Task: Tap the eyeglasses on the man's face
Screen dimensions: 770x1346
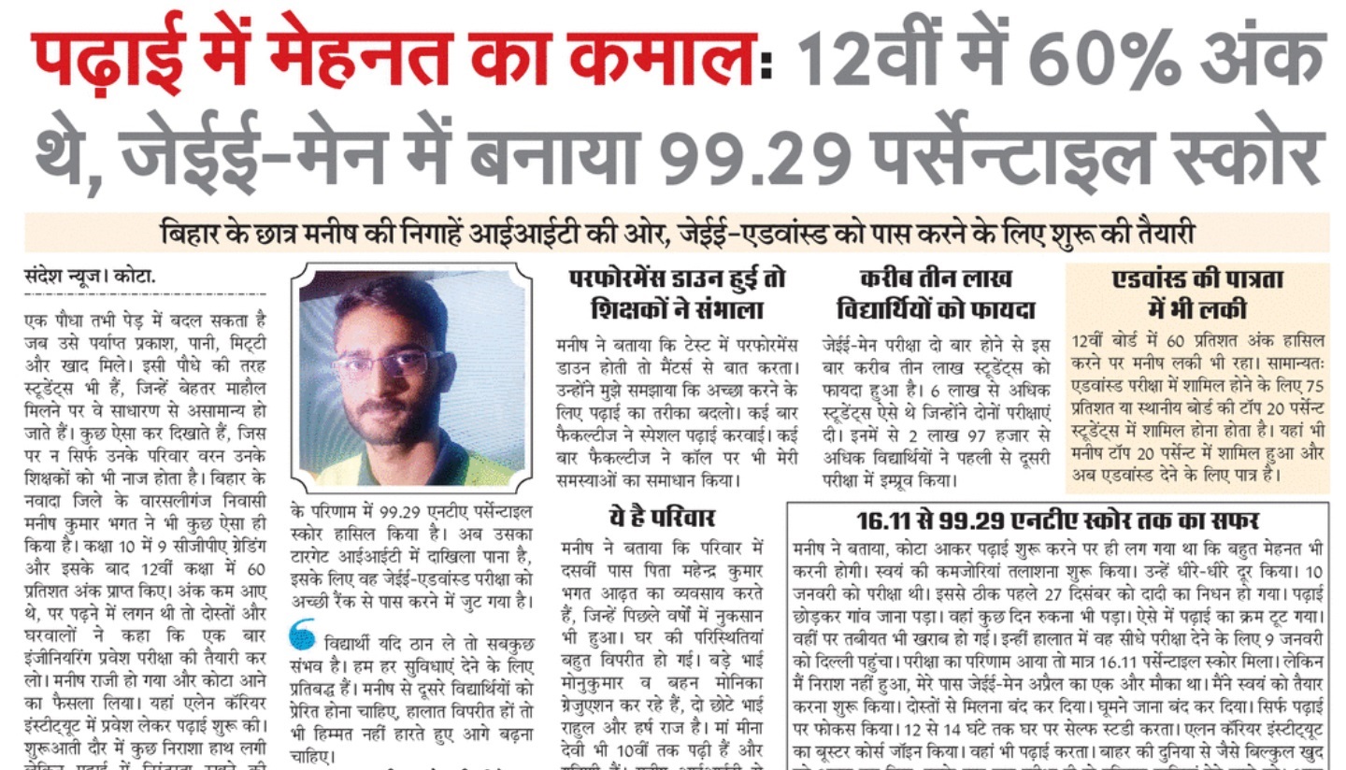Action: click(x=388, y=364)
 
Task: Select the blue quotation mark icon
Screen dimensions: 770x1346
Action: click(x=302, y=635)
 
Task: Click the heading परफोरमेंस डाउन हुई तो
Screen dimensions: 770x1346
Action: click(x=678, y=278)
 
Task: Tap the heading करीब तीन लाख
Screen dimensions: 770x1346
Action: click(x=936, y=278)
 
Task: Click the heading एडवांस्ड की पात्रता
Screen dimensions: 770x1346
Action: click(x=1197, y=278)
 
